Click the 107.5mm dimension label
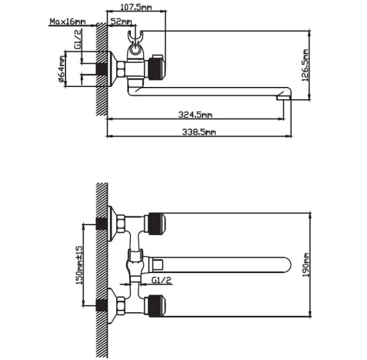(x=136, y=7)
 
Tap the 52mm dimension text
(x=120, y=21)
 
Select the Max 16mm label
(x=68, y=21)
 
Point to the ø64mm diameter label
(x=62, y=69)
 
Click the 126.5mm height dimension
(x=305, y=66)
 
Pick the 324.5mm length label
(x=196, y=114)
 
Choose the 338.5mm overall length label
(x=199, y=132)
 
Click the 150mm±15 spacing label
(x=79, y=265)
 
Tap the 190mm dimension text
(x=306, y=264)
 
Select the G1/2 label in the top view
(x=78, y=39)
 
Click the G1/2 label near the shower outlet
(x=161, y=280)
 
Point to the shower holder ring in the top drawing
(x=134, y=50)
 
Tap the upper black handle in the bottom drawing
(x=155, y=223)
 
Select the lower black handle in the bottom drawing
(x=155, y=306)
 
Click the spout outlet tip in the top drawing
(x=284, y=97)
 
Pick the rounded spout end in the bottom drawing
(x=287, y=265)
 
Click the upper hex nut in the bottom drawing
(x=121, y=223)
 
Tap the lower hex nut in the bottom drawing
(x=121, y=306)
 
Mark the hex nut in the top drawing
(x=121, y=69)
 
